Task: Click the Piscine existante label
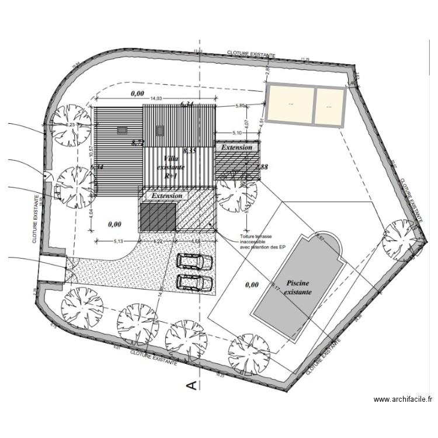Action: coord(298,286)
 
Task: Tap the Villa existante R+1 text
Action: coord(171,166)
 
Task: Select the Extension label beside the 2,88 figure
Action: coord(237,148)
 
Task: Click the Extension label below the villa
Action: coord(167,196)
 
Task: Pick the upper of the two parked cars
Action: coord(194,261)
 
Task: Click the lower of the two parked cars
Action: coord(194,282)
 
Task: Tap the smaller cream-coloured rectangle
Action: coord(329,106)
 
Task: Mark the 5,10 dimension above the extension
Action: coord(238,133)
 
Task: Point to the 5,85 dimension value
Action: coord(241,106)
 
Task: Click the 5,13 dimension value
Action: coord(117,241)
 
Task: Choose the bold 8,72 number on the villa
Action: coord(138,142)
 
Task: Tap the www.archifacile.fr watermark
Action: coord(403,399)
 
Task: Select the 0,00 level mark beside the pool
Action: coord(252,285)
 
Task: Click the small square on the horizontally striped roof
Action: coord(121,130)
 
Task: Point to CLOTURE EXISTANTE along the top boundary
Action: coord(251,54)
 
